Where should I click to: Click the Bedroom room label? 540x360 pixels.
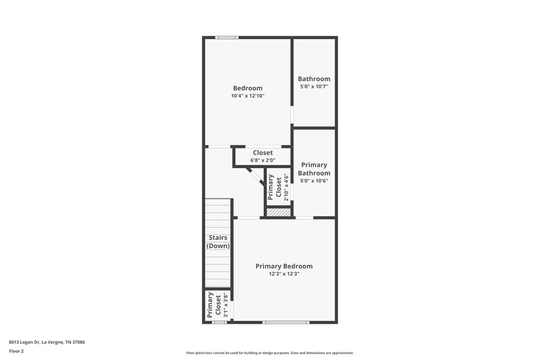248,88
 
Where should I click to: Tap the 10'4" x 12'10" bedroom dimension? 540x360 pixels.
248,97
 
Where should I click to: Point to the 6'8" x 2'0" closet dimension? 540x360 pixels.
263,161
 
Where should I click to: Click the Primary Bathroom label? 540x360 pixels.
314,169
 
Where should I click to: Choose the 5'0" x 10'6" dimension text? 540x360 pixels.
315,181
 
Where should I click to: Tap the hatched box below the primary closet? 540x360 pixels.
277,212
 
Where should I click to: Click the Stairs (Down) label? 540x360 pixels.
217,242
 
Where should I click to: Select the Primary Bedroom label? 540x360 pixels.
284,266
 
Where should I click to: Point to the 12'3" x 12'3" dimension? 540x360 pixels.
284,274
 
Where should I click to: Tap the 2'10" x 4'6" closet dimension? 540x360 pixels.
286,188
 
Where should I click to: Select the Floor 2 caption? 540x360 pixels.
16,351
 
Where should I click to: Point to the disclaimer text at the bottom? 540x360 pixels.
270,353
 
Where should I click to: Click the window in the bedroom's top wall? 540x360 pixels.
226,37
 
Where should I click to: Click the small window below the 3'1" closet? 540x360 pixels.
219,322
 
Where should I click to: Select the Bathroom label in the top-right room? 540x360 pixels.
315,79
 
